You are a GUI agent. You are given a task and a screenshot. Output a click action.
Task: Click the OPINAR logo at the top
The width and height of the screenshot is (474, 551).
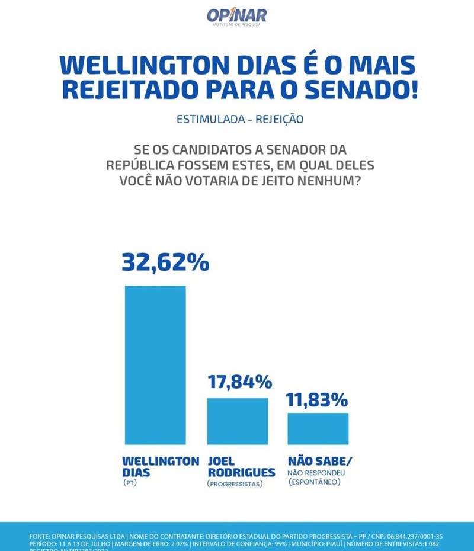(236, 16)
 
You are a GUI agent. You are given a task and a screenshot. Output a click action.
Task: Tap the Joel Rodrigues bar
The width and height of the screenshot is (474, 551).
(237, 420)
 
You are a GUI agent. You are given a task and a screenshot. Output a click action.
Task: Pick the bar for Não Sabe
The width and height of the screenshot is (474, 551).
(318, 428)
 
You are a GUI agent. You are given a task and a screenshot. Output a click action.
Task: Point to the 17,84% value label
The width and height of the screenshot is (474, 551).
(239, 382)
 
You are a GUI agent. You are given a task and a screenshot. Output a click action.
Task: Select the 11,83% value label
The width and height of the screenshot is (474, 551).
(317, 400)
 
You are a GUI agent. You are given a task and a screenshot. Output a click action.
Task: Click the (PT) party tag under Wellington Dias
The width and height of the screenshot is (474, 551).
(130, 483)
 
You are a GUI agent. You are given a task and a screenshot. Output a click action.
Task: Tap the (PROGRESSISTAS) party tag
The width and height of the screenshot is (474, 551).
(235, 484)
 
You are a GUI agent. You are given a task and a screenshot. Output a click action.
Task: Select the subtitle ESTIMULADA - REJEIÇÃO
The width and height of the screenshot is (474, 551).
(240, 119)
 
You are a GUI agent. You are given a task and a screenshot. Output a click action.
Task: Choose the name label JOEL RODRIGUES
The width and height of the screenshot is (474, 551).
(241, 467)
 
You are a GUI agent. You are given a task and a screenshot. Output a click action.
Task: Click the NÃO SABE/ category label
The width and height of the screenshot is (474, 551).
(315, 461)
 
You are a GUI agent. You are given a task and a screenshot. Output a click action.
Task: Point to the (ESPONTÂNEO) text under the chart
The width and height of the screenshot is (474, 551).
(315, 483)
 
